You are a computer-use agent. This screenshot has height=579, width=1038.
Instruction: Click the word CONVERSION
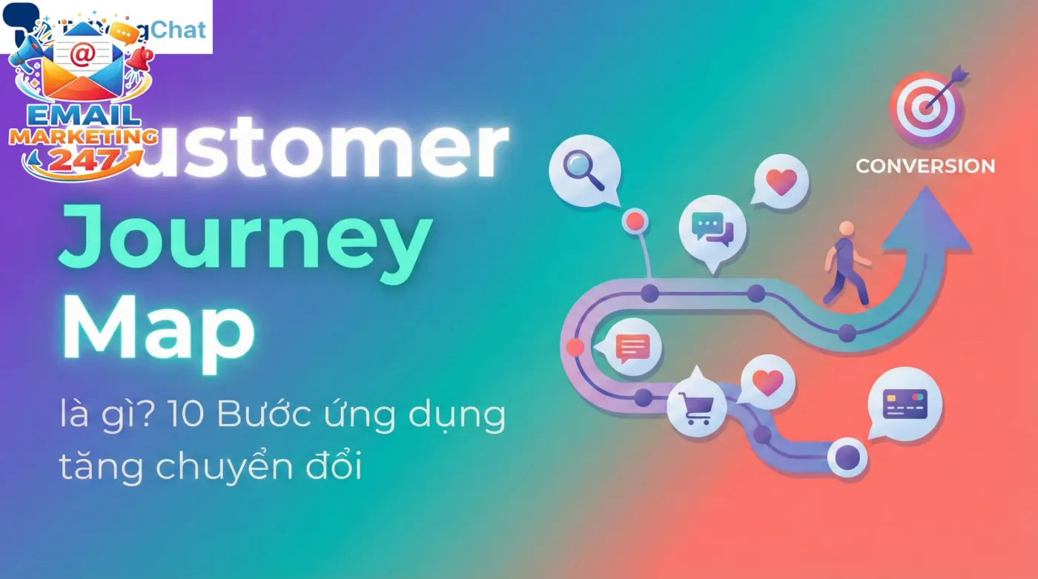pyautogui.click(x=925, y=166)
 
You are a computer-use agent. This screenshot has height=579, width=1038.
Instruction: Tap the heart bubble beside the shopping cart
pyautogui.click(x=767, y=383)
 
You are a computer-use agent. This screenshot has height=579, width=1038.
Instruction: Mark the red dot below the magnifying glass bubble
pyautogui.click(x=635, y=220)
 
